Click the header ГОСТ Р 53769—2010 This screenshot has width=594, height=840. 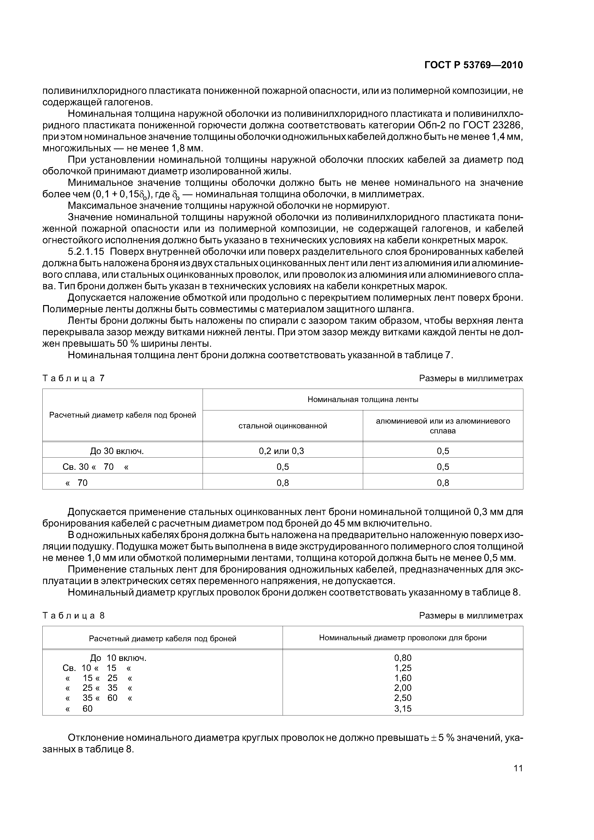(474, 65)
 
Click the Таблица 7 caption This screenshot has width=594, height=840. (74, 378)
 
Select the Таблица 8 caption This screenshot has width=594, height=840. (74, 616)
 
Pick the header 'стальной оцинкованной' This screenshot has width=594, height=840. (283, 426)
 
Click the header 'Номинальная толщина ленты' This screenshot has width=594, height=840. (363, 399)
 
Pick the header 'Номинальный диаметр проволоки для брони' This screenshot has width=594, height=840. (403, 638)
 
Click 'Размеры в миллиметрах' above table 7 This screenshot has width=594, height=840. (471, 378)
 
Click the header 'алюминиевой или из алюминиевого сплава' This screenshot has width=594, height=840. (443, 426)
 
